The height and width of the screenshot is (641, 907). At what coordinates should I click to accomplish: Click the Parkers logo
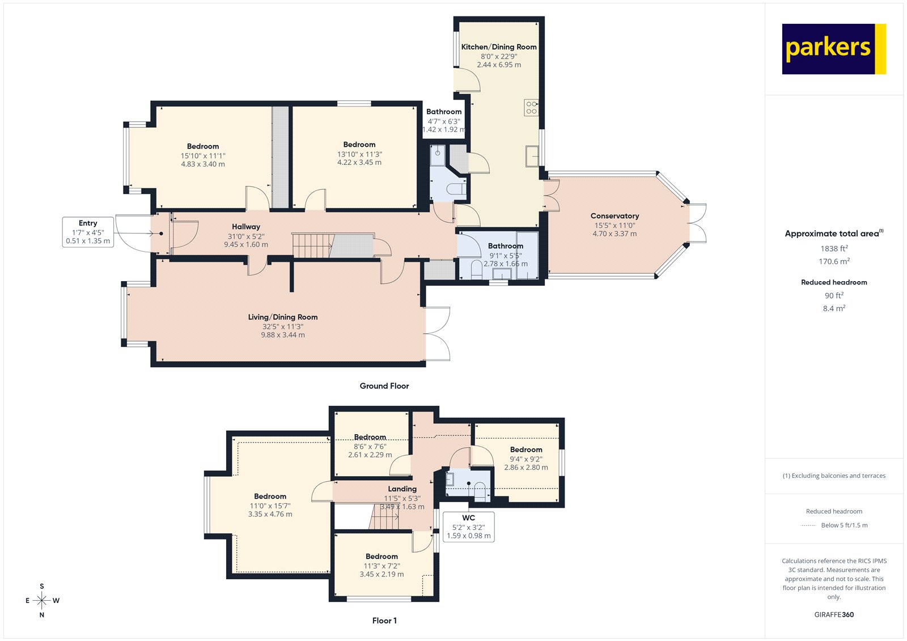833,49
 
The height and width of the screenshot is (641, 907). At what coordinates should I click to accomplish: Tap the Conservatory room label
614,216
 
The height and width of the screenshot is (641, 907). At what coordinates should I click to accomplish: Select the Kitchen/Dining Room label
499,47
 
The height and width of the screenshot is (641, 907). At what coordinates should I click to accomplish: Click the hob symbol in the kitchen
531,107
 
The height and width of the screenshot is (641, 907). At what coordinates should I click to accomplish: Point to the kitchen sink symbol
532,156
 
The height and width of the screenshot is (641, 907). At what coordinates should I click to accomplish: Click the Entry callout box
88,232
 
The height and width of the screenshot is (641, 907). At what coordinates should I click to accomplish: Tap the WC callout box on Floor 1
468,527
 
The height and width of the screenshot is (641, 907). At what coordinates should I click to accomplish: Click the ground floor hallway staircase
312,245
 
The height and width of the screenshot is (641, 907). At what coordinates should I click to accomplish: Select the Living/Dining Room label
282,317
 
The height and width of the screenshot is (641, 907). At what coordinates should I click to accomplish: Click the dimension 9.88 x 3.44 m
282,335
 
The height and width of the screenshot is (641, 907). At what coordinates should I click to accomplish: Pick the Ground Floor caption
384,386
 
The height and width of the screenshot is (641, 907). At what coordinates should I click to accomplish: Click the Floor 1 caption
384,621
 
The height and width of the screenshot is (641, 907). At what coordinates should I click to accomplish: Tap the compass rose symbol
42,600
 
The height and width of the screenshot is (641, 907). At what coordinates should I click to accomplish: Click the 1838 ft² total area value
834,248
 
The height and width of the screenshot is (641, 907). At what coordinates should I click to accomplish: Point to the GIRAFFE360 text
834,614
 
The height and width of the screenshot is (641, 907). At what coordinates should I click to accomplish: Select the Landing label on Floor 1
402,489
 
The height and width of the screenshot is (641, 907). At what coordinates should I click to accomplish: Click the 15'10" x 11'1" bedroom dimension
203,155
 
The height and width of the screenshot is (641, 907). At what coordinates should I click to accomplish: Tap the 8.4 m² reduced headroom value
834,308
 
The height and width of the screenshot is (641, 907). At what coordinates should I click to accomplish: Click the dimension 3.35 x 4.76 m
270,514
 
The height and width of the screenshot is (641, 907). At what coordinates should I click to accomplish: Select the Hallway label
246,227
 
